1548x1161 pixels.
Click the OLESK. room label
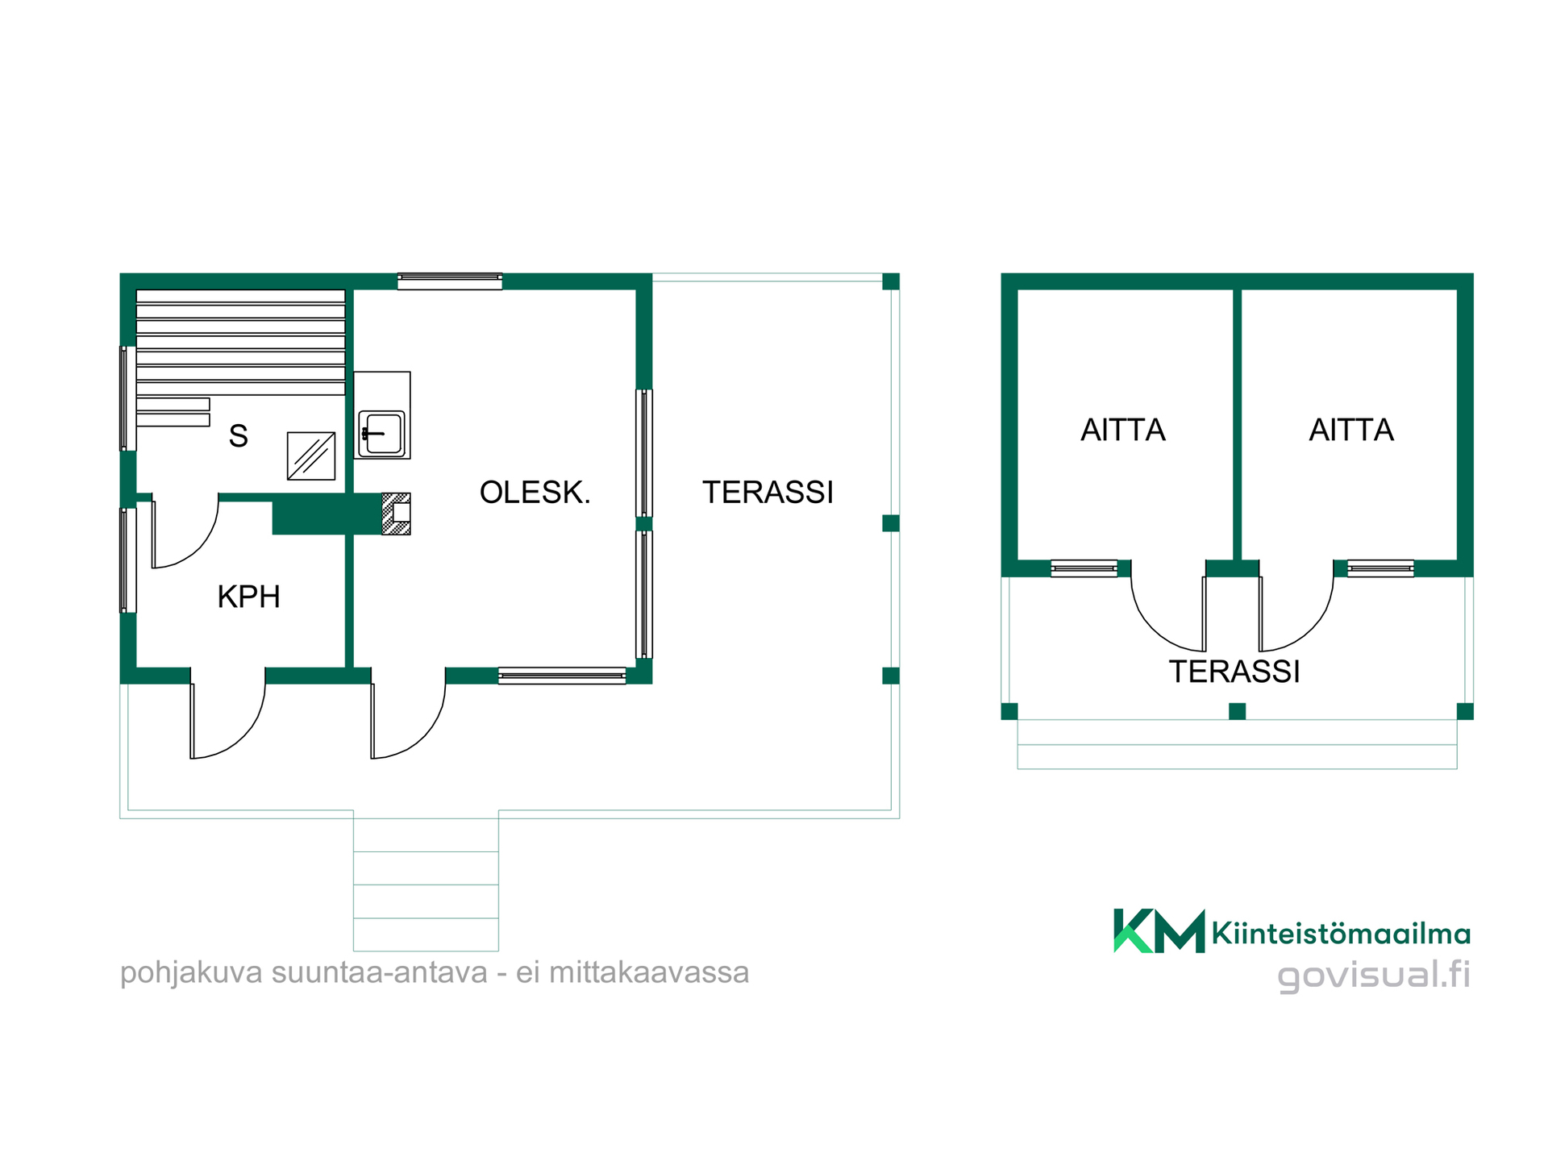coord(535,492)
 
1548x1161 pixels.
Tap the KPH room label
coord(249,597)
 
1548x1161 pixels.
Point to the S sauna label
coord(238,435)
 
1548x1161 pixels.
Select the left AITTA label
coord(1123,430)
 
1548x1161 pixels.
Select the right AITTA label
coord(1351,430)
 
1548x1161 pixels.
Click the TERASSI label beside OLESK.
coord(768,492)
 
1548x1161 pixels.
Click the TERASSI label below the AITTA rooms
coord(1234,672)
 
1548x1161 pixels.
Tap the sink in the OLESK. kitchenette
coord(381,434)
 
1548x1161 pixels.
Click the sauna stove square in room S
coord(311,456)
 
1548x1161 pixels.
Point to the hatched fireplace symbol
coord(396,514)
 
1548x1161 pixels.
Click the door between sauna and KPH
coord(185,532)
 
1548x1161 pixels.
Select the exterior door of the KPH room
coord(227,714)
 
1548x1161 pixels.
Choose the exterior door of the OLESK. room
coord(408,714)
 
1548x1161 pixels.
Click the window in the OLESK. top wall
coord(450,281)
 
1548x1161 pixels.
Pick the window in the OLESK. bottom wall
coord(562,676)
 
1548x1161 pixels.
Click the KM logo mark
coord(1159,931)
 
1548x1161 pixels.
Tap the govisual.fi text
coord(1374,976)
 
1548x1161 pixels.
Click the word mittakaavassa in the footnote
coord(649,972)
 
